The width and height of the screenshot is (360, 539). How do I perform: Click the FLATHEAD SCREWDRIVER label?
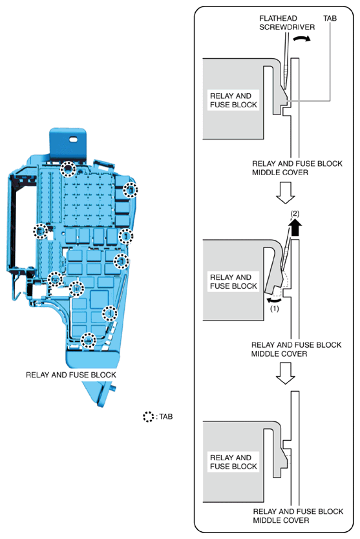287,23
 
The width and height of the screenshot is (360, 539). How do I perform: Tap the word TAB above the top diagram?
330,19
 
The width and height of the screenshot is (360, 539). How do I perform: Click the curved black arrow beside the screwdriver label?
302,39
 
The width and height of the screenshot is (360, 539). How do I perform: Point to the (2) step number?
295,213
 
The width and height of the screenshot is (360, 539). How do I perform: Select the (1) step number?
275,309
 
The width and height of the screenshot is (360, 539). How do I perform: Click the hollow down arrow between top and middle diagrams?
286,193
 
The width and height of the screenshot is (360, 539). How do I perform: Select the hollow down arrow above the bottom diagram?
286,374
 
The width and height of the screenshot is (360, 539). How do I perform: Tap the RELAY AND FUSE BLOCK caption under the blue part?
71,375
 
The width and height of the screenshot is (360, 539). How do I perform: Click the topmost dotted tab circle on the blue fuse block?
68,169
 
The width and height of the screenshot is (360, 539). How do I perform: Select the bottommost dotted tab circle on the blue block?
89,341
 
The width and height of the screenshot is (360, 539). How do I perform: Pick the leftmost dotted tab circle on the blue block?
41,231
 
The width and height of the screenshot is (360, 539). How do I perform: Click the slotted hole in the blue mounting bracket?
74,140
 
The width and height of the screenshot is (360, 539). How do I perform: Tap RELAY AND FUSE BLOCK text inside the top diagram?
233,100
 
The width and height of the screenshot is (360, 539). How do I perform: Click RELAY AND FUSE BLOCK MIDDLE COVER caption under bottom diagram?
298,516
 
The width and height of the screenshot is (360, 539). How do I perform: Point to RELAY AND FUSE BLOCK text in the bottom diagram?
233,462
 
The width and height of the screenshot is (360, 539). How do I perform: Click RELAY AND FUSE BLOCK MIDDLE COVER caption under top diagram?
297,168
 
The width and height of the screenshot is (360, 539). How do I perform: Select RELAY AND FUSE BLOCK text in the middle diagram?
233,282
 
